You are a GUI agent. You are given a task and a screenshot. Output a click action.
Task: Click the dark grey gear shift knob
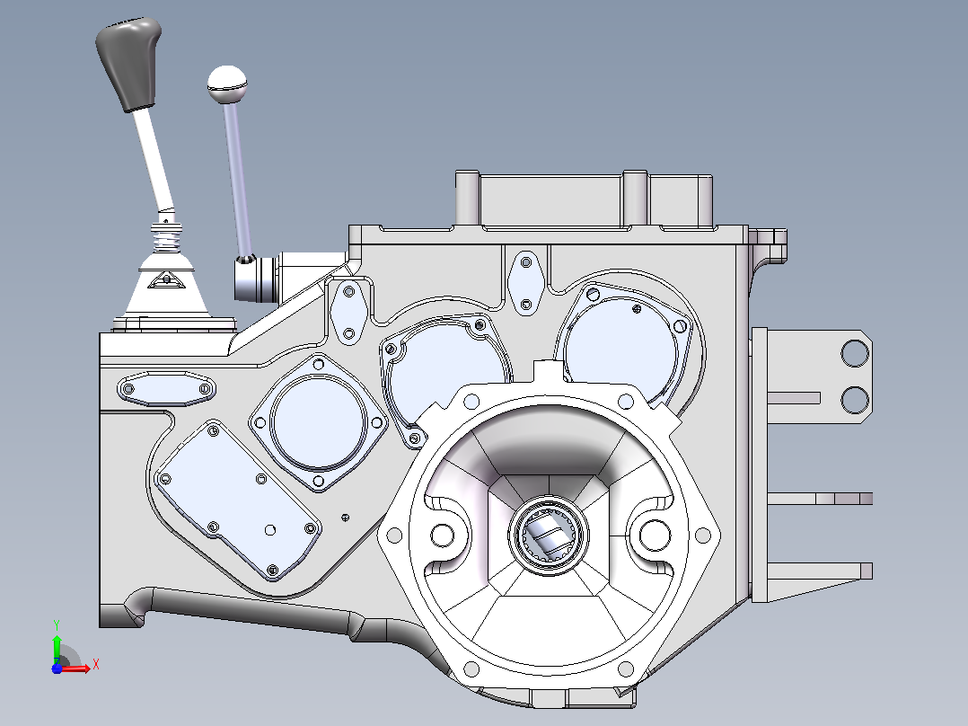click(x=128, y=62)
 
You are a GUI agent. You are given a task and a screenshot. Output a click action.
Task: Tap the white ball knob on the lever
click(x=227, y=84)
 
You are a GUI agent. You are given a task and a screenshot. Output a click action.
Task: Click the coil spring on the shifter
click(x=167, y=238)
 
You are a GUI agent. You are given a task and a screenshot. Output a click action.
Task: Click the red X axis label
click(x=96, y=665)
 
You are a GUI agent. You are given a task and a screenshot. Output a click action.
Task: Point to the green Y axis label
click(x=57, y=625)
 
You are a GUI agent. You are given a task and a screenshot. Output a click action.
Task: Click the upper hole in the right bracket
click(x=855, y=353)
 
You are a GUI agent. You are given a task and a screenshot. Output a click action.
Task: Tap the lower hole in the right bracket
click(x=855, y=400)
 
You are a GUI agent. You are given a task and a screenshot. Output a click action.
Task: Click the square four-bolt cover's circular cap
click(x=318, y=422)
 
